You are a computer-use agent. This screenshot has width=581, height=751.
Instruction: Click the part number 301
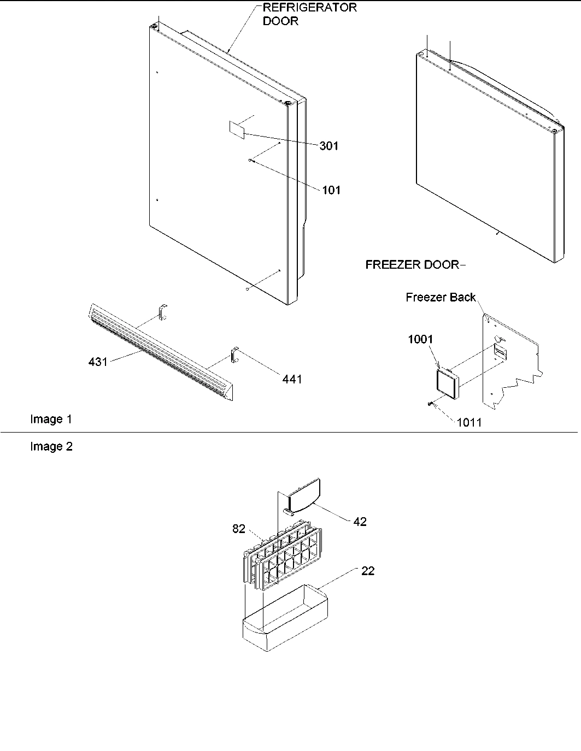(x=329, y=146)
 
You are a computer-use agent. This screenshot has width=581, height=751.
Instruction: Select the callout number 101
(x=331, y=190)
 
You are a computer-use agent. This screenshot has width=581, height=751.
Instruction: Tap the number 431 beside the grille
(x=98, y=362)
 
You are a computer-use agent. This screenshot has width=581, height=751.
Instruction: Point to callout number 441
(x=292, y=379)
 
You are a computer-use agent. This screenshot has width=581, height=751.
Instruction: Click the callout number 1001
(x=420, y=339)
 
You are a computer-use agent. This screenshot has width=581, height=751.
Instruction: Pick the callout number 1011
(x=469, y=422)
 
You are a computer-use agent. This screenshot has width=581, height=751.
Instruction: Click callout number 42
(x=360, y=522)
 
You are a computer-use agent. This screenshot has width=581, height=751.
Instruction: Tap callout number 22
(x=367, y=571)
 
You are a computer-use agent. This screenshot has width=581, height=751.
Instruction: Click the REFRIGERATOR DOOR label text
(x=309, y=15)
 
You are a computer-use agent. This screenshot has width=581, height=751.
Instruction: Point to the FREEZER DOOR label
(x=412, y=265)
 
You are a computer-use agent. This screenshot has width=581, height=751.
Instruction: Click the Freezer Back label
(x=441, y=297)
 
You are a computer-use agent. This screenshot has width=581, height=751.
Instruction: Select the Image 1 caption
(x=51, y=419)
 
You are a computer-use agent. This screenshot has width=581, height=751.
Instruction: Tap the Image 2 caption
(x=51, y=447)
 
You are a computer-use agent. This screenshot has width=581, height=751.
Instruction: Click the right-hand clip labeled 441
(x=235, y=354)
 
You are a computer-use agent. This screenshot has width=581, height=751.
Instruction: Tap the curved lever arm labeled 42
(x=303, y=496)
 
